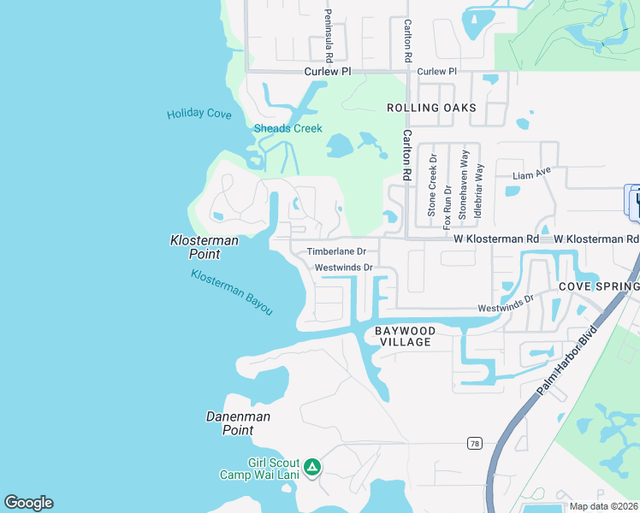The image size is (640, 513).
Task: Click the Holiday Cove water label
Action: pos(199,114)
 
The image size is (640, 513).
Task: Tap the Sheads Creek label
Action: pos(288,128)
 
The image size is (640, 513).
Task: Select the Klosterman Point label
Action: pos(204,247)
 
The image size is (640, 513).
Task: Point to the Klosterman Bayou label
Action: pos(232,292)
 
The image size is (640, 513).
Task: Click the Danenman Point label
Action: pos(238,423)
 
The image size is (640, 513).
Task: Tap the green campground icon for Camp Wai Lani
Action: pos(313,467)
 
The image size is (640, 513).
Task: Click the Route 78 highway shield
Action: pos(474,443)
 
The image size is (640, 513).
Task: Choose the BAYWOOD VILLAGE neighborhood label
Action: pos(406,336)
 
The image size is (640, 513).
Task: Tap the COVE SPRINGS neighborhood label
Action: pos(598,287)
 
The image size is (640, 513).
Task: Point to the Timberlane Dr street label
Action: pos(336,252)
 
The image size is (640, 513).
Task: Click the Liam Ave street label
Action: pos(530,175)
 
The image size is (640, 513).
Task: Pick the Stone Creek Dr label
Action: pos(433,186)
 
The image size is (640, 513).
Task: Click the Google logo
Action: pos(28,503)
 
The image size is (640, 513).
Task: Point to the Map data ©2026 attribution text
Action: pos(604,506)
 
